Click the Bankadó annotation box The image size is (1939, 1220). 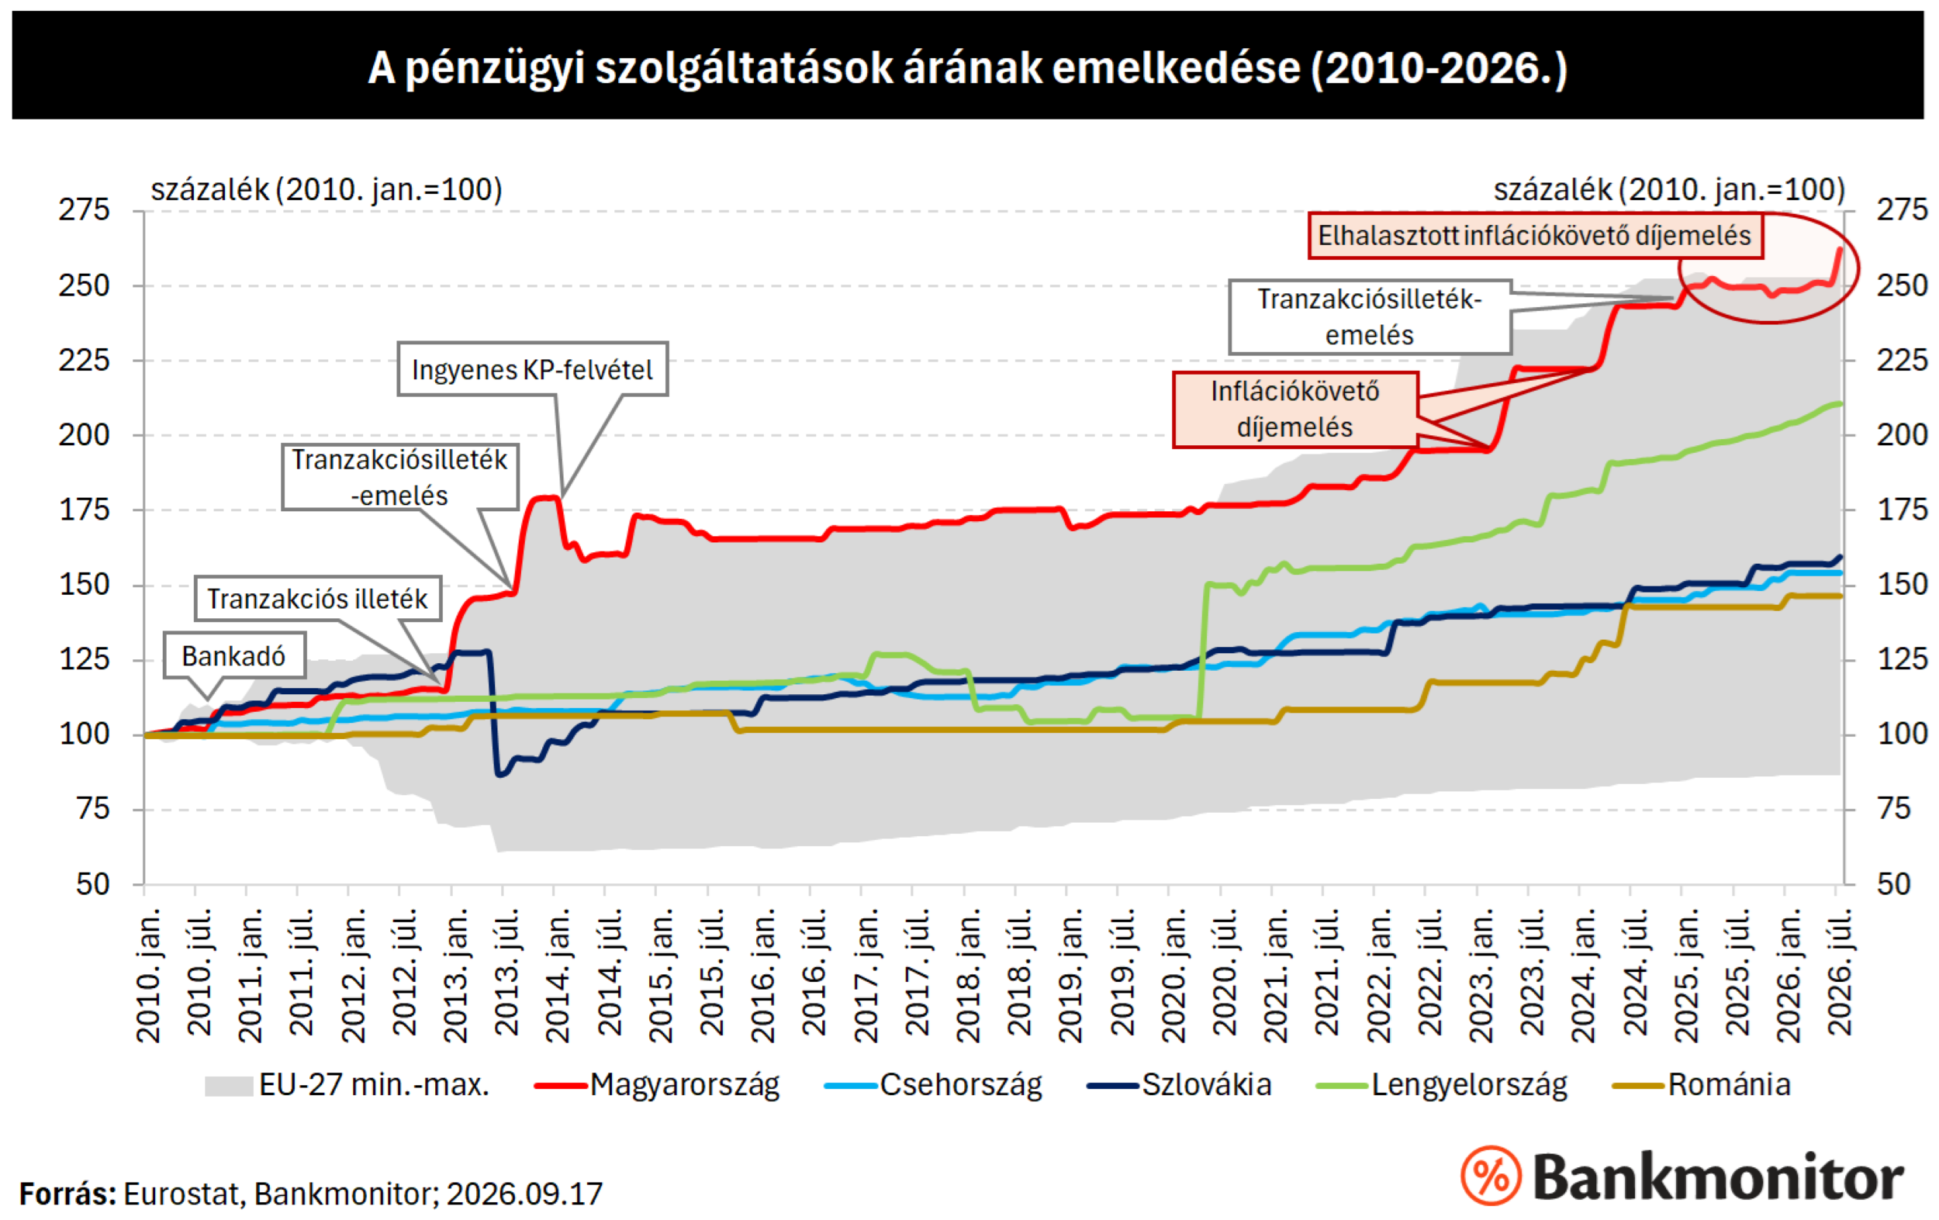click(234, 655)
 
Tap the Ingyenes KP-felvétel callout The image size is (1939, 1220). click(532, 369)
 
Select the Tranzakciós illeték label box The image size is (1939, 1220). click(317, 598)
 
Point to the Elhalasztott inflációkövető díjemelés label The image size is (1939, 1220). click(1535, 235)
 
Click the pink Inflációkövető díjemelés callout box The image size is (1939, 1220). click(1294, 409)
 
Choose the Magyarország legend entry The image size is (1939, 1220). click(657, 1085)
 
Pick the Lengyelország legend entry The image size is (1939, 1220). click(1441, 1085)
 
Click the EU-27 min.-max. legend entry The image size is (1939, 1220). click(347, 1085)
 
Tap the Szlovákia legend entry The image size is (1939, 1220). click(1180, 1085)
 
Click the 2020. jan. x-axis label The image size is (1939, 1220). click(1173, 975)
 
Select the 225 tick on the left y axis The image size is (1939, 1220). click(84, 360)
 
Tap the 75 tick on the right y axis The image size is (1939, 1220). click(1894, 808)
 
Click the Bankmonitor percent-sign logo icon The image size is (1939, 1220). click(1491, 1175)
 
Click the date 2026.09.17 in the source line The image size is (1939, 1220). click(524, 1194)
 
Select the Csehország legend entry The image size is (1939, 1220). click(933, 1085)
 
